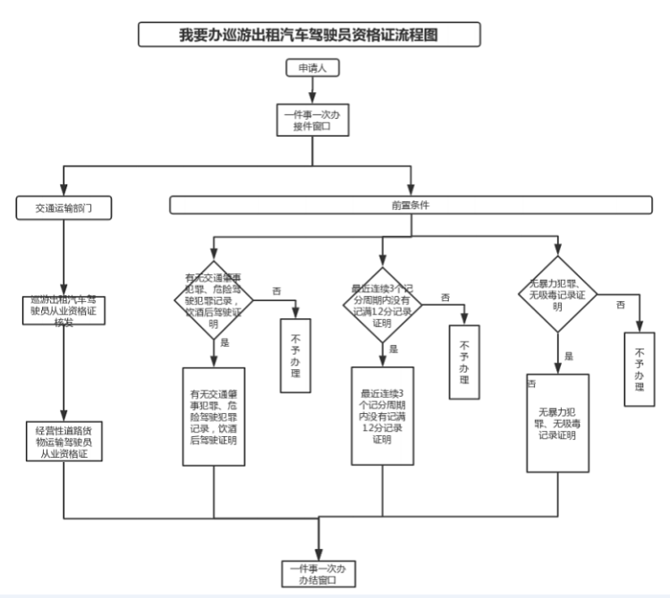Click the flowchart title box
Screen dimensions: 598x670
[x=310, y=35]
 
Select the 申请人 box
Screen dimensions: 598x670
[x=311, y=69]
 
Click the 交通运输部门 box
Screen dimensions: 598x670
[x=62, y=207]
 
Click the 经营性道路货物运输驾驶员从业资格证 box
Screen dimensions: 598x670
[x=63, y=441]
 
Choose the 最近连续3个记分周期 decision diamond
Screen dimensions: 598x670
[x=383, y=303]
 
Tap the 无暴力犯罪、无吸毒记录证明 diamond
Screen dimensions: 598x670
[x=556, y=294]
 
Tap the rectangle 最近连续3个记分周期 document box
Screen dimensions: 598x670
[x=383, y=416]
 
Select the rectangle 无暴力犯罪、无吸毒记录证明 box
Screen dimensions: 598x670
[x=556, y=423]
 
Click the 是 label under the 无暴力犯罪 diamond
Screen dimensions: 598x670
[x=569, y=356]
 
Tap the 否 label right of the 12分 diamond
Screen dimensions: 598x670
[x=445, y=296]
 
